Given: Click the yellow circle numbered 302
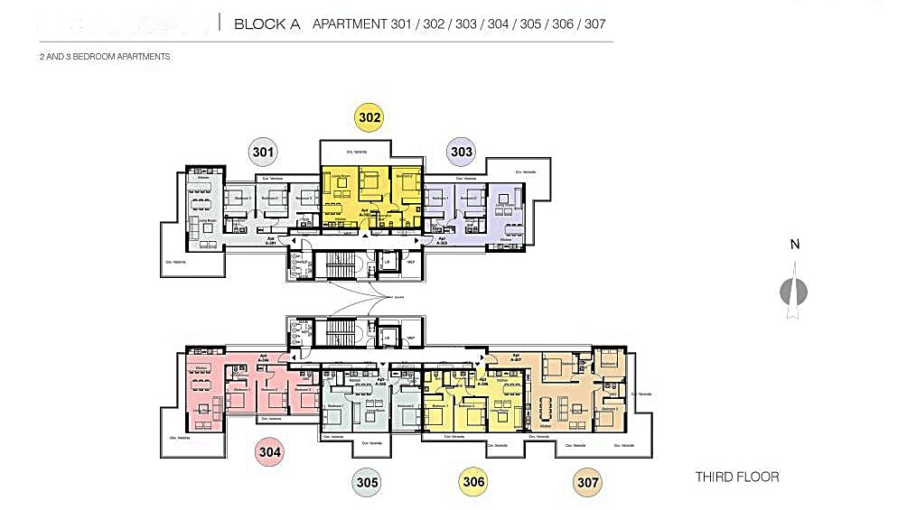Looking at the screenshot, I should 369,117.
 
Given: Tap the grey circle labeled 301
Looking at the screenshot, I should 263,152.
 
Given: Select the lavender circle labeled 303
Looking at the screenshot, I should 462,152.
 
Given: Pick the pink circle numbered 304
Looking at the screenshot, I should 271,452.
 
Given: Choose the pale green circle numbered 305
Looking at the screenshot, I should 367,482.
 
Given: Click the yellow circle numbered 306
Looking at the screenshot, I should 473,481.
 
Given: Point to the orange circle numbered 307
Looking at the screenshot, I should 588,482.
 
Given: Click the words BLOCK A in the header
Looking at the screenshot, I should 266,24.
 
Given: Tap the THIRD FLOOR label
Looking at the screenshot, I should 736,477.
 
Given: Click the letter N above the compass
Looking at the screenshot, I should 794,245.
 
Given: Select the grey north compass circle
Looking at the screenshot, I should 794,292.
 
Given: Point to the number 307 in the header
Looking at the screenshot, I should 594,24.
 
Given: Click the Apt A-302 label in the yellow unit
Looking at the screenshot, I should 366,212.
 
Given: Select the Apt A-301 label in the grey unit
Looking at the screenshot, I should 270,242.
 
